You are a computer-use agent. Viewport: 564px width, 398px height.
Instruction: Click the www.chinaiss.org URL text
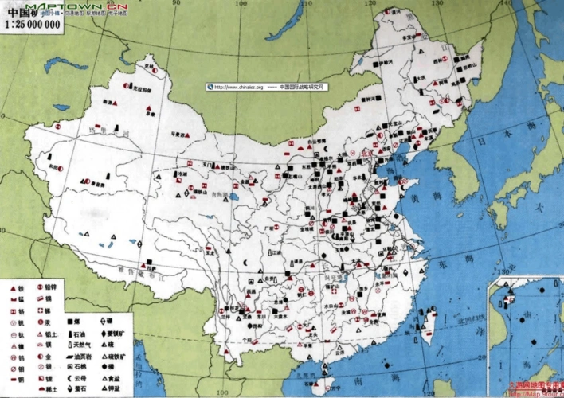[238, 87]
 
